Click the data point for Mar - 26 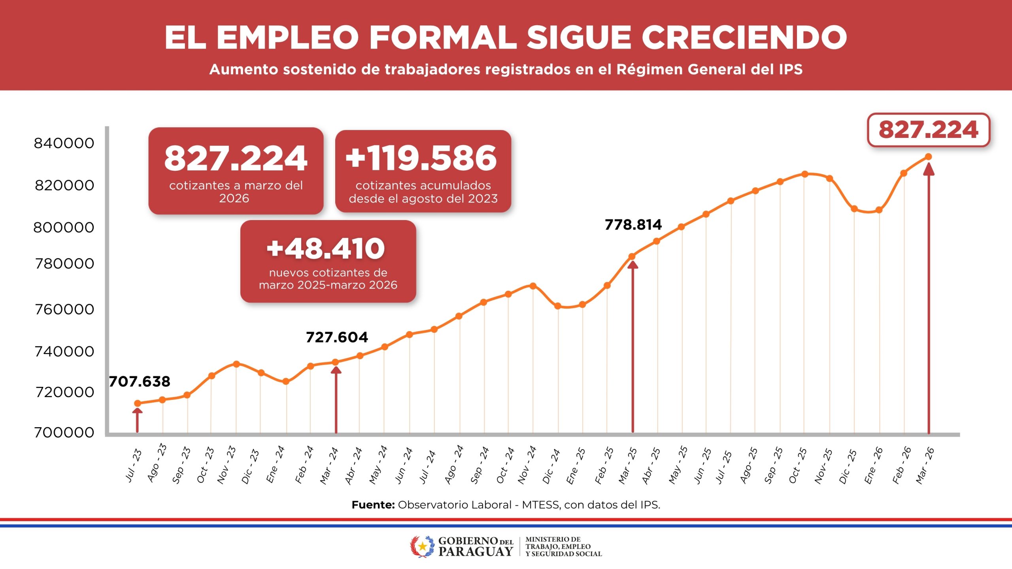[x=929, y=157]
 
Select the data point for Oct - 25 [x=804, y=174]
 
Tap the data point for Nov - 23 [x=236, y=364]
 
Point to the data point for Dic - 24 [x=558, y=306]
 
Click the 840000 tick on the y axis [x=64, y=143]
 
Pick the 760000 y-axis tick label [x=64, y=309]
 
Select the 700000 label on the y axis [x=64, y=433]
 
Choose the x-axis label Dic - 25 [x=848, y=466]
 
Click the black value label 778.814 [x=633, y=225]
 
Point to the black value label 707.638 [x=140, y=382]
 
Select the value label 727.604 [x=337, y=337]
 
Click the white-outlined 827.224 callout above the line [x=928, y=130]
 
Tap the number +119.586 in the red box [x=421, y=158]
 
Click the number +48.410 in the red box [x=326, y=249]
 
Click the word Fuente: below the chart [x=373, y=505]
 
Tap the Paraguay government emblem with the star [x=422, y=546]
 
